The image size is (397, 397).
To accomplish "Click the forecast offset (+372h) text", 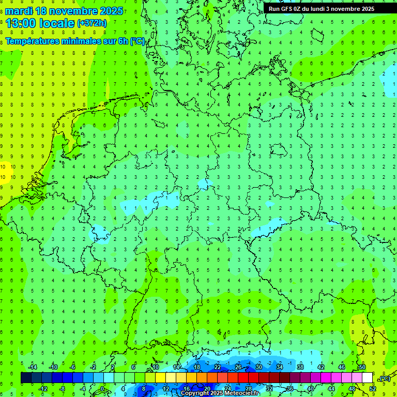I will [92, 23].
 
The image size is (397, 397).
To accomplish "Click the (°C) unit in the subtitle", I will [138, 41].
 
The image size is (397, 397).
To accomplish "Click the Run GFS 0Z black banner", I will [322, 9].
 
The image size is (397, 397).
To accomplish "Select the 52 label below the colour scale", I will [373, 389].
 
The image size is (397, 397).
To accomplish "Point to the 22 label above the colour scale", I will [218, 367].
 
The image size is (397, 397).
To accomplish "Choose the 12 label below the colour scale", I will [166, 389].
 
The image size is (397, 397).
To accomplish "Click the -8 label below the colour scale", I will [62, 389].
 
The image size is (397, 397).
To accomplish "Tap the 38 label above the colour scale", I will [300, 367].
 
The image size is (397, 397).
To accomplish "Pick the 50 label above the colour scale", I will [362, 367].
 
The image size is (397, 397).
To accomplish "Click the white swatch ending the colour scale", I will [368, 378].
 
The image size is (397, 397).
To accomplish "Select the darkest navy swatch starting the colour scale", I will [26, 378].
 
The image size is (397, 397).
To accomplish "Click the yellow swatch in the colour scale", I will [160, 378].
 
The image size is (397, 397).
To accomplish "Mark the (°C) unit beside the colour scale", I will [384, 378].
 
